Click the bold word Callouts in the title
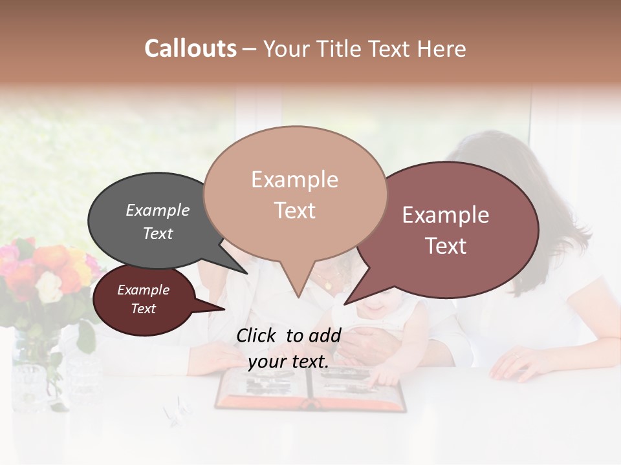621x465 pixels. tap(190, 48)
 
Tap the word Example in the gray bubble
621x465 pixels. tap(158, 211)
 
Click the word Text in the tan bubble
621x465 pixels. tap(295, 211)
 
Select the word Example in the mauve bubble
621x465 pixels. tap(446, 215)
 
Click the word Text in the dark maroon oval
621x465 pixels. tap(144, 309)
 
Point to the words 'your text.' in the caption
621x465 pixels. tap(289, 362)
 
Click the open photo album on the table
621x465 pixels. tap(310, 390)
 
